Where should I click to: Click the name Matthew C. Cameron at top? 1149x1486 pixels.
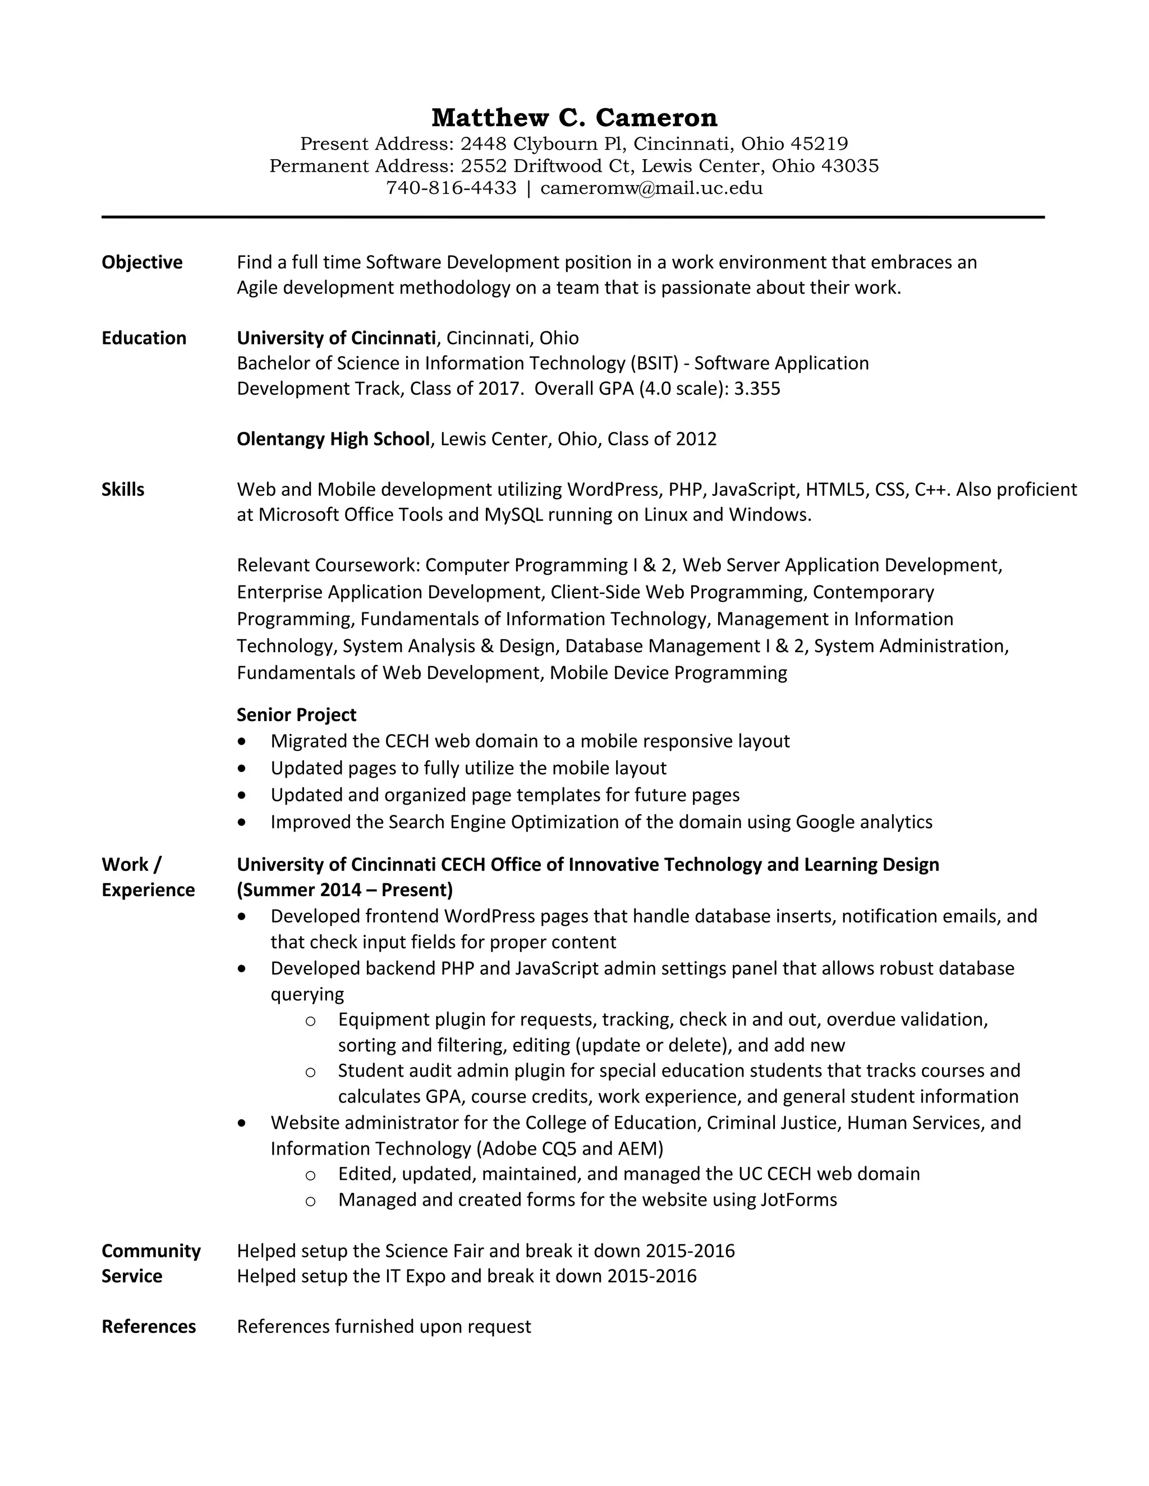(574, 118)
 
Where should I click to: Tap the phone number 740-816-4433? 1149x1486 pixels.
(451, 188)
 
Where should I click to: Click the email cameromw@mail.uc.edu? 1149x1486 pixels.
(651, 188)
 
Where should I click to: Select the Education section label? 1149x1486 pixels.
(144, 338)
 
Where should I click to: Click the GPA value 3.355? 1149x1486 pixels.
(757, 389)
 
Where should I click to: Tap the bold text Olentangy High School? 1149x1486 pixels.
(333, 439)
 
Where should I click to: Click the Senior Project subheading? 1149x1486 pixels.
(296, 714)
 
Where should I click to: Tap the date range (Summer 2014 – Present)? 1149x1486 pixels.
(344, 890)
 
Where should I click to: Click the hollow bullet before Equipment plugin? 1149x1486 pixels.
(310, 1021)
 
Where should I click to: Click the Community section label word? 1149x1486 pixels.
(151, 1250)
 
